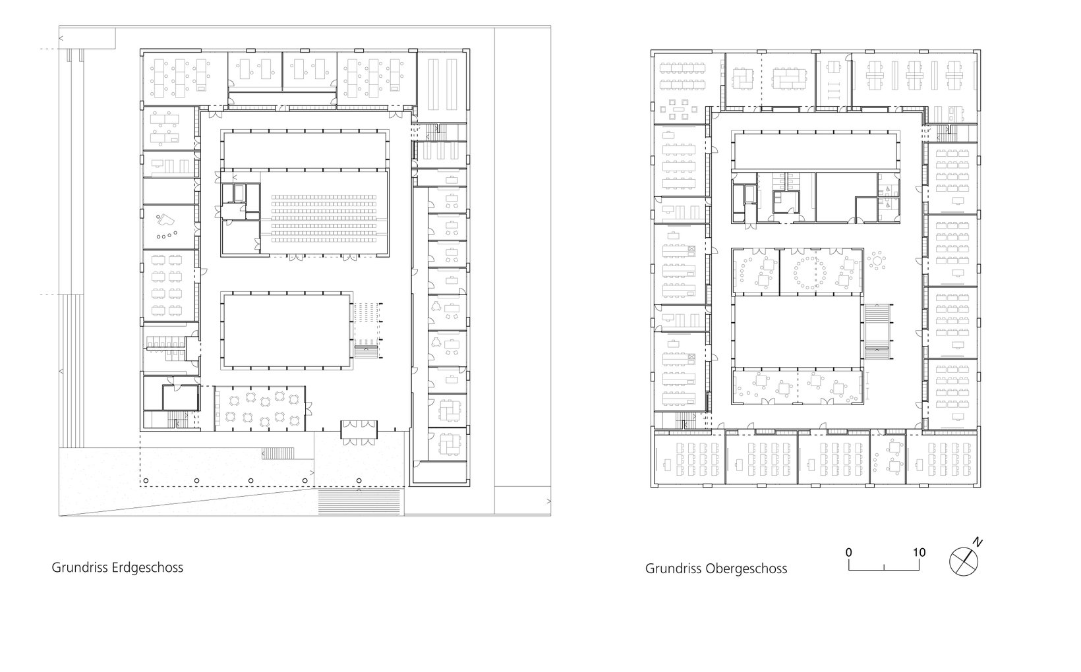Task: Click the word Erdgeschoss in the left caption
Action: tap(147, 567)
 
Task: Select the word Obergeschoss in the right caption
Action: tap(746, 569)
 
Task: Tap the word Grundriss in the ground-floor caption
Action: tap(80, 567)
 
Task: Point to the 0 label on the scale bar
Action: tap(849, 552)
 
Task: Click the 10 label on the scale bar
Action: tap(919, 552)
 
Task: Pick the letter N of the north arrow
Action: tap(978, 542)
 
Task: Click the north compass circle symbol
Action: tap(963, 562)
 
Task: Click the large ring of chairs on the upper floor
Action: tap(810, 273)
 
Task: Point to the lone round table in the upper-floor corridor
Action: tap(877, 261)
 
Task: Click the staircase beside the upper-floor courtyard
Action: tap(877, 332)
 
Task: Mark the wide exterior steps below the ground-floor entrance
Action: tap(359, 502)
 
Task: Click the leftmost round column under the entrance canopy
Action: tap(146, 481)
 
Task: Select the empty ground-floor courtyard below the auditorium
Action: tap(287, 331)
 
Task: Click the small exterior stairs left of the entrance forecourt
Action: tap(278, 453)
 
